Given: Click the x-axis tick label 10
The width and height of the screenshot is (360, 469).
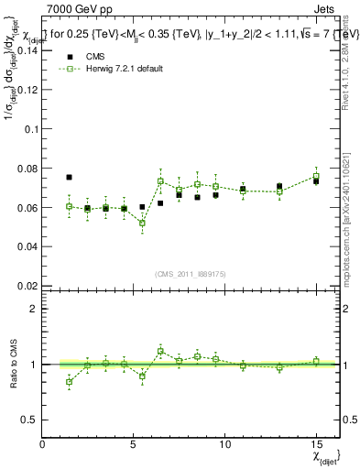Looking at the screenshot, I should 224,444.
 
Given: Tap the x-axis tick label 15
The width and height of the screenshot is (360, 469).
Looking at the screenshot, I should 315,444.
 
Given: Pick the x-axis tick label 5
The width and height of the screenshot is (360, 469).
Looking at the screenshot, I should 134,444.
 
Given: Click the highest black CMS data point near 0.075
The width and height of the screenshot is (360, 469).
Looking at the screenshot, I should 69,177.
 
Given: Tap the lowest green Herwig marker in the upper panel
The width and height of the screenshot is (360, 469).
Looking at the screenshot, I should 142,223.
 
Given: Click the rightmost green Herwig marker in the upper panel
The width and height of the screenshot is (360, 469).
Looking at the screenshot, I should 315,177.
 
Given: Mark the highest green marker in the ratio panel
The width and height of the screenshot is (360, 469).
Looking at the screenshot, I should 160,351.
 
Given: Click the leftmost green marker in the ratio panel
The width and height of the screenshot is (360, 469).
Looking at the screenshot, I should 70,382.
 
